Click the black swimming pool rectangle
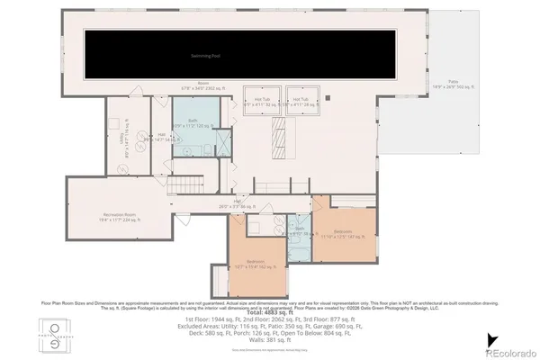point(211,56)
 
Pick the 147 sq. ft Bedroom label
point(343,233)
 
